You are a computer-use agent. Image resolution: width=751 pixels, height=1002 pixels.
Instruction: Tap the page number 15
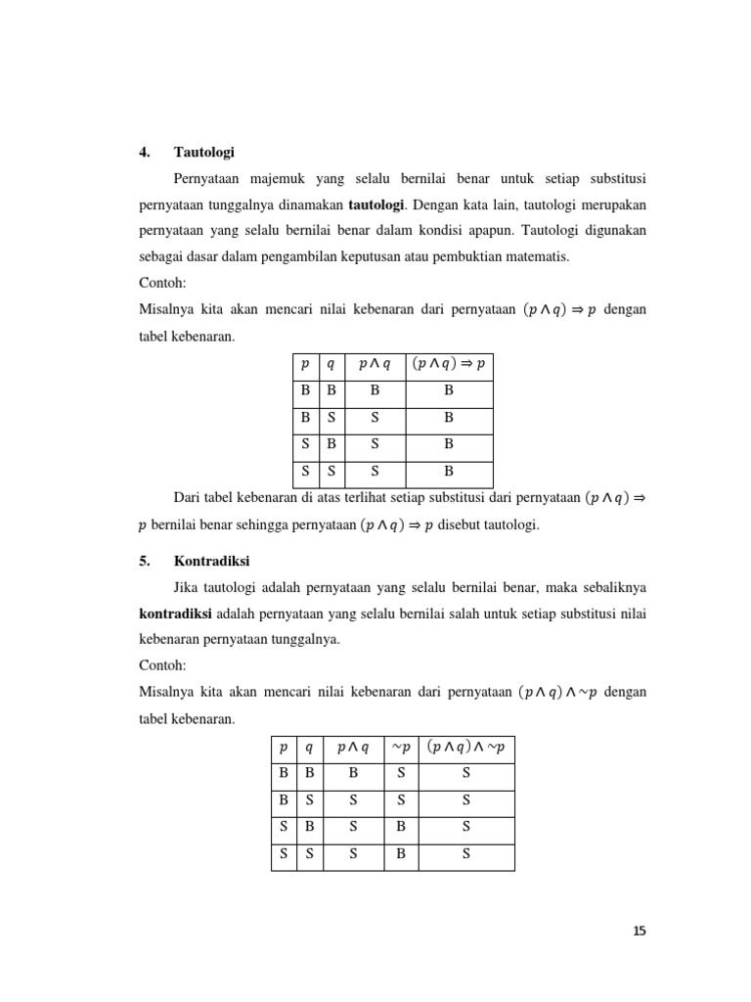tap(640, 932)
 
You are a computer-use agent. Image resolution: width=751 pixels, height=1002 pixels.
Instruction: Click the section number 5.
tap(142, 562)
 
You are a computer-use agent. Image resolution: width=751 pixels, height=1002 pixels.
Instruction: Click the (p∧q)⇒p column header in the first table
tap(449, 365)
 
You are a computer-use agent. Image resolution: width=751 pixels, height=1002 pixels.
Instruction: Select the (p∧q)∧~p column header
tap(465, 748)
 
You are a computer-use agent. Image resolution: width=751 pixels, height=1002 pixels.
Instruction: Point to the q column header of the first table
tap(330, 365)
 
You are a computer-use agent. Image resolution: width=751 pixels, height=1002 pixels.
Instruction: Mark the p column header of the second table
tap(284, 748)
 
